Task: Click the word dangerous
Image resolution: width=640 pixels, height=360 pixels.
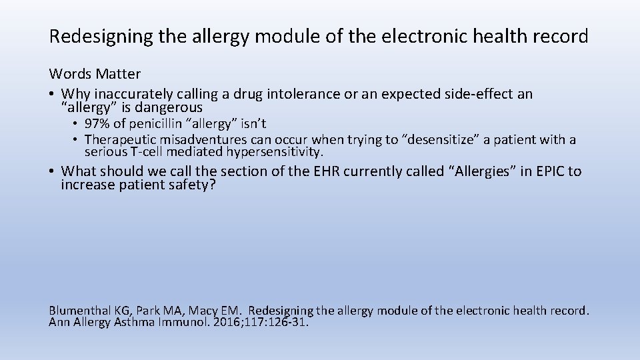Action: pyautogui.click(x=168, y=107)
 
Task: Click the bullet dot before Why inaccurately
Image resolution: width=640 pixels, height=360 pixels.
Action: pyautogui.click(x=52, y=95)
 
